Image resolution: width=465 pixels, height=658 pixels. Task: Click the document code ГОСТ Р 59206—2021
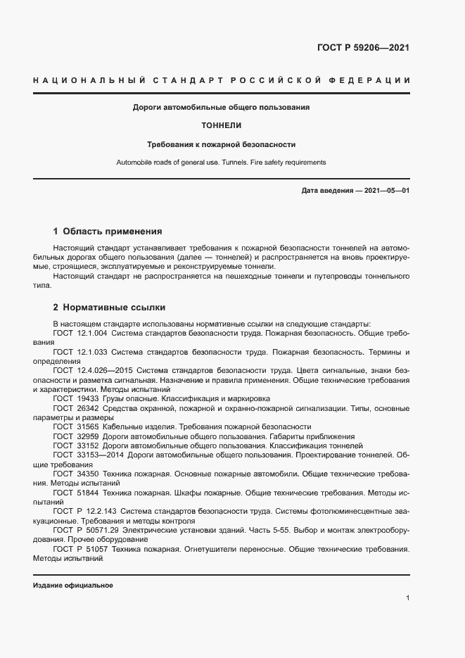pyautogui.click(x=364, y=48)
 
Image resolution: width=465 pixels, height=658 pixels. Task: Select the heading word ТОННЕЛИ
pyautogui.click(x=221, y=126)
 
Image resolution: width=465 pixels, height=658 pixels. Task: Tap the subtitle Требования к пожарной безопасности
pyautogui.click(x=221, y=144)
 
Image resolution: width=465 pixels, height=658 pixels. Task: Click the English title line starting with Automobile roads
pyautogui.click(x=221, y=163)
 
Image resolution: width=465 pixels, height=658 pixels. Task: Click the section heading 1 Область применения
pyautogui.click(x=108, y=231)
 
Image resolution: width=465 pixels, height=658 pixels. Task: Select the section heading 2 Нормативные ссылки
pyautogui.click(x=109, y=308)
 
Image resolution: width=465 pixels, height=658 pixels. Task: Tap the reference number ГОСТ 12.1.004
pyautogui.click(x=80, y=332)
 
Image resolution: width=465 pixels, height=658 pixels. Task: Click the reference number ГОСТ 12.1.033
pyautogui.click(x=80, y=351)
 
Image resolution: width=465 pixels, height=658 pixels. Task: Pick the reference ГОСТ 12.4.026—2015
pyautogui.click(x=93, y=370)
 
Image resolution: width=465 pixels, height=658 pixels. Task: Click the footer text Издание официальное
pyautogui.click(x=73, y=586)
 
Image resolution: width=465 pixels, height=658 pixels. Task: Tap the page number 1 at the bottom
pyautogui.click(x=407, y=598)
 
